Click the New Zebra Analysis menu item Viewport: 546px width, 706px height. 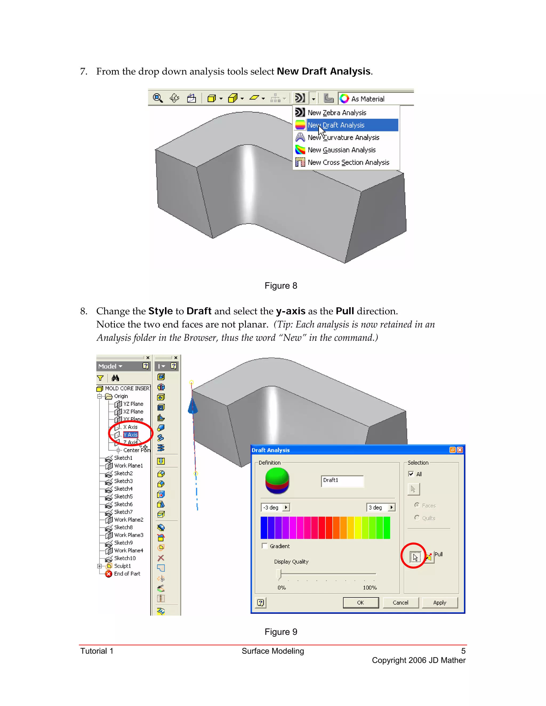[337, 112]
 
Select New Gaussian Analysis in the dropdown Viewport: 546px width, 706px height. [341, 150]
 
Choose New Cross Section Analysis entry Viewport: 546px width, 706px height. [348, 162]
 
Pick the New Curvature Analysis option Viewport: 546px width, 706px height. [343, 137]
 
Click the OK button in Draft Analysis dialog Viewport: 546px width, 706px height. [360, 603]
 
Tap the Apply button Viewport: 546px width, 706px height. [439, 603]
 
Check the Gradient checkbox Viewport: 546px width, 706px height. [264, 546]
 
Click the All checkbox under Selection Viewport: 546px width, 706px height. [411, 474]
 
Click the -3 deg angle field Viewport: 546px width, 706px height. [271, 508]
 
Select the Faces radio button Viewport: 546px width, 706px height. [417, 505]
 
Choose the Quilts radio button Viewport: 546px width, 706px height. [417, 518]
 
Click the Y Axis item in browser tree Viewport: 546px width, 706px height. [131, 435]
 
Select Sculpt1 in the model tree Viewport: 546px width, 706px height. [122, 566]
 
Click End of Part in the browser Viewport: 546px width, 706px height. [127, 574]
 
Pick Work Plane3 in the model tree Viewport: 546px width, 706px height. [129, 535]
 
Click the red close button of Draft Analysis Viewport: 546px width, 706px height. [460, 450]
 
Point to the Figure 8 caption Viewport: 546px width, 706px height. [281, 286]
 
